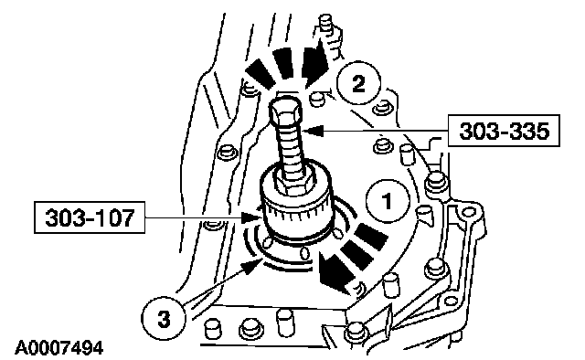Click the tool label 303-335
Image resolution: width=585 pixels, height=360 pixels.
pos(504,131)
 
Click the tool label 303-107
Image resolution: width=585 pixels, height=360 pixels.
pos(90,217)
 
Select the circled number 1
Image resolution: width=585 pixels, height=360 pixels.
pos(388,201)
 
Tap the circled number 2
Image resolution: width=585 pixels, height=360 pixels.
pos(358,83)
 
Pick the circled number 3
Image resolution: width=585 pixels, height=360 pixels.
pos(164,319)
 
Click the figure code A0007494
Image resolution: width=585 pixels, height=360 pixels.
pos(58,348)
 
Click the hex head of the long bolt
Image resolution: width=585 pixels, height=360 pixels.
pos(285,111)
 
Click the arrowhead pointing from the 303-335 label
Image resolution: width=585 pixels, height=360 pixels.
pos(313,131)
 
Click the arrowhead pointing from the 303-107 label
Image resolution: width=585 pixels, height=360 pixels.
pos(250,217)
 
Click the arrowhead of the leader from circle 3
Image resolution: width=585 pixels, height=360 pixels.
pos(251,265)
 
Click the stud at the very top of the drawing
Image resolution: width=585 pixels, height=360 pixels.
pos(325,23)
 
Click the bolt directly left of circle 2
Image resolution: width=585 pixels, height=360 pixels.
pos(316,99)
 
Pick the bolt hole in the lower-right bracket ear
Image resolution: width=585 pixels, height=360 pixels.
pos(466,213)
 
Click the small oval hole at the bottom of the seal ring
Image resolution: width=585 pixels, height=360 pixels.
pos(304,253)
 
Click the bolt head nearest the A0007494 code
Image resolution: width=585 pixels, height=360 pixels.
pos(212,328)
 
